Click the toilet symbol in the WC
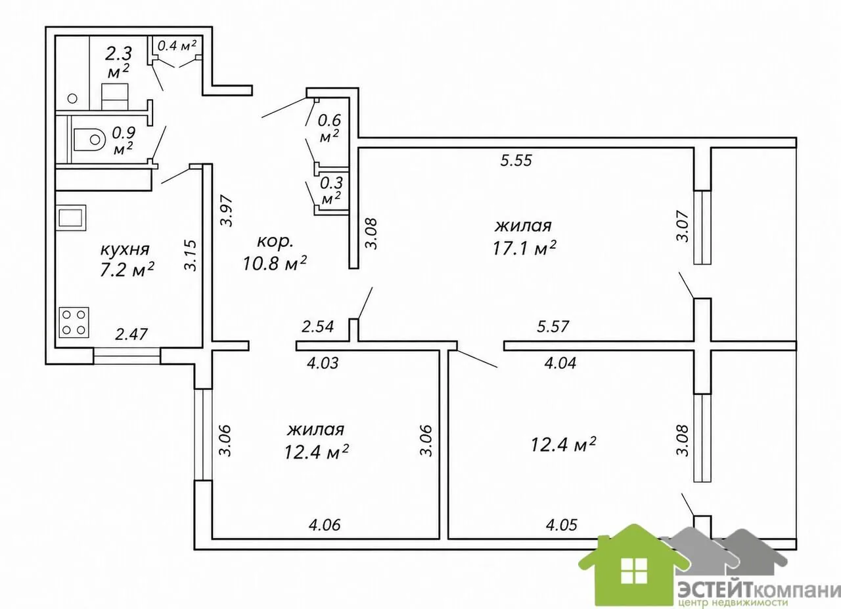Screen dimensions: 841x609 coord(89,140)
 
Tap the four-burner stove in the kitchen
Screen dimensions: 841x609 coord(74,322)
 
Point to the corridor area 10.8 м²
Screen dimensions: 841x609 coord(275,262)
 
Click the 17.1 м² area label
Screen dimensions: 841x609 coord(524,248)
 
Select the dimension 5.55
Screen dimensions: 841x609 coord(516,161)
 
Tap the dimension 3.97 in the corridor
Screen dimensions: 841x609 coord(227,211)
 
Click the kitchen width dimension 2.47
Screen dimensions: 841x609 coord(131,334)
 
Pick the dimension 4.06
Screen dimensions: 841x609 coord(325,525)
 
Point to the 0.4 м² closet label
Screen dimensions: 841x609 coord(177,46)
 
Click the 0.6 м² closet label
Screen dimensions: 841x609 coord(329,128)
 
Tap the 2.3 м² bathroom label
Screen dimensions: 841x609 coord(119,62)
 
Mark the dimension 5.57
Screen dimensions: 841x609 coord(553,326)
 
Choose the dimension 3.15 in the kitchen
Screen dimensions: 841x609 coord(191,255)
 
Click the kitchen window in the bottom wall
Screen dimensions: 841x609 coord(127,356)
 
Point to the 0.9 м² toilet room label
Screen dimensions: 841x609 coord(124,140)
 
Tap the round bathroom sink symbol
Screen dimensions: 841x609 coord(72,98)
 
